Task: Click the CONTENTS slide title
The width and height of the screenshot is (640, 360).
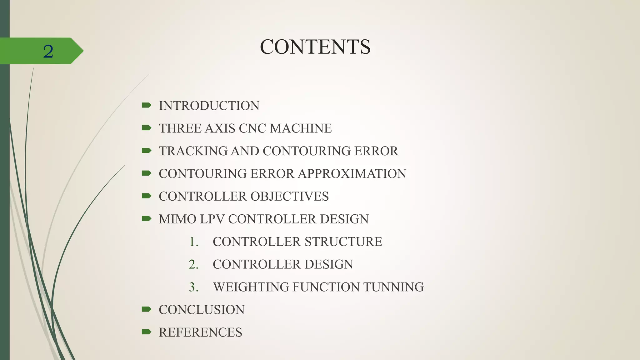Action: [x=315, y=47]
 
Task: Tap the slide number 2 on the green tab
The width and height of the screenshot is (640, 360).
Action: [x=48, y=52]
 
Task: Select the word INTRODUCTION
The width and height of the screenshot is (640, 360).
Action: [x=209, y=106]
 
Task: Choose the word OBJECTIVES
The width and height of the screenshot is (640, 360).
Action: [x=289, y=197]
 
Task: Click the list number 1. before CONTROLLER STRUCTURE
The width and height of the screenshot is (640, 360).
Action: [x=194, y=242]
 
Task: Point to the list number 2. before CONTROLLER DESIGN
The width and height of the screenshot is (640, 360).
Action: [x=194, y=264]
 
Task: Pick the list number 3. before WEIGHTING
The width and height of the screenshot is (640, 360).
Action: [x=194, y=287]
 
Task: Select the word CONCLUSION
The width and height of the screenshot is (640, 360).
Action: [x=202, y=310]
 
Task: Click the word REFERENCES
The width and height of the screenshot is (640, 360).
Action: [x=200, y=332]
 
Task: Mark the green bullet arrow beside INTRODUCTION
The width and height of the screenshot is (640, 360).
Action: [x=146, y=105]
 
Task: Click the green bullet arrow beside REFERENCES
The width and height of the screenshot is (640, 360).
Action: [x=146, y=332]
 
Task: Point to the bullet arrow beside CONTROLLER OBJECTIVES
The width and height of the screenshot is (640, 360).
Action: [x=146, y=196]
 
